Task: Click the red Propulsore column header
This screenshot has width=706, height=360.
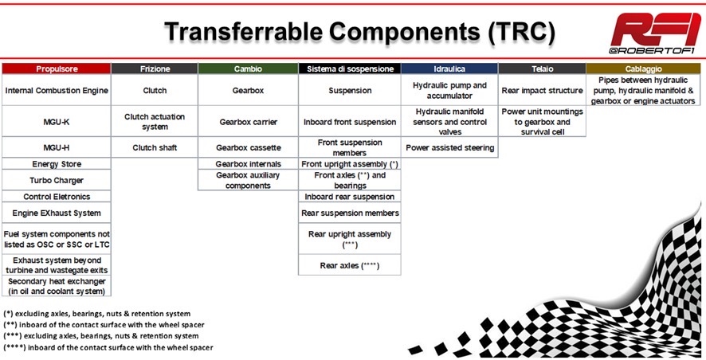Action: click(x=57, y=68)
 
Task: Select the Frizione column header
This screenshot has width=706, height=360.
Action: click(x=155, y=68)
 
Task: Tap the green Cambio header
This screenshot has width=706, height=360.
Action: click(x=248, y=68)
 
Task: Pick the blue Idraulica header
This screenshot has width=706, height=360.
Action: click(x=449, y=68)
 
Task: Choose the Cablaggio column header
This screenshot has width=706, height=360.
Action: click(x=643, y=68)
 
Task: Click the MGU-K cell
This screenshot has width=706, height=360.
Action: click(x=57, y=122)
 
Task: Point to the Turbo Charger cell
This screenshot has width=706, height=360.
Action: click(x=57, y=181)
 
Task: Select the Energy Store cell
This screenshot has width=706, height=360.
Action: click(x=57, y=164)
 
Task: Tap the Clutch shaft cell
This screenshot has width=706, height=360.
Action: click(x=155, y=147)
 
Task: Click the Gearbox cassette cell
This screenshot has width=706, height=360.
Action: click(x=248, y=147)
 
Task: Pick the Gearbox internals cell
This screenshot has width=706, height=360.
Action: click(x=248, y=164)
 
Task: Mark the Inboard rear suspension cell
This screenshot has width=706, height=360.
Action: click(x=349, y=197)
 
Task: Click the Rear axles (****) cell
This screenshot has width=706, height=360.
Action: click(x=349, y=265)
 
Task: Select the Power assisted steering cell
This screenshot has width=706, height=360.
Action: click(x=449, y=147)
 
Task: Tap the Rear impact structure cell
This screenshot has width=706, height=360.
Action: click(x=542, y=91)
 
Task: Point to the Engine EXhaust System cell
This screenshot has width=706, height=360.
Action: click(x=57, y=213)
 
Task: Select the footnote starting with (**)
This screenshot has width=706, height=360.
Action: click(x=104, y=325)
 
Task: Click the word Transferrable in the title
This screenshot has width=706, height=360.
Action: click(x=244, y=32)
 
